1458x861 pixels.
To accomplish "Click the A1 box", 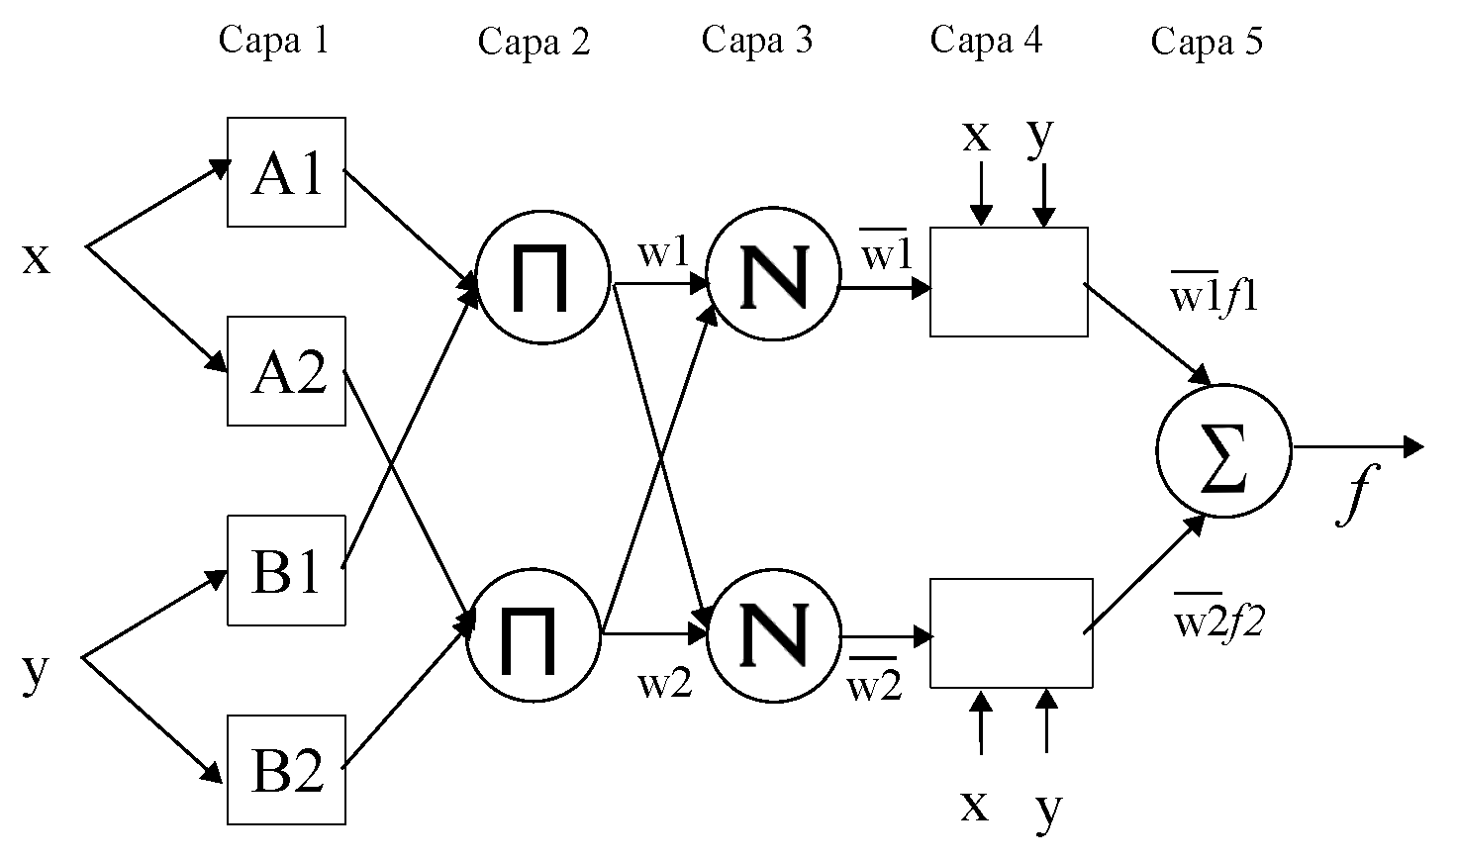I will point(286,172).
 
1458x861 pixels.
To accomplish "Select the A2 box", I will point(286,371).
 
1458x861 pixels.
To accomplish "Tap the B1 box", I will point(286,570).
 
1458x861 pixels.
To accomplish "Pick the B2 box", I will point(286,769).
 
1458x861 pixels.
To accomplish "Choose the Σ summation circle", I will point(1223,450).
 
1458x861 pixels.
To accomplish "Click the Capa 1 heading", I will point(272,41).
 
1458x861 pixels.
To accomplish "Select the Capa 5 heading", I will point(1207,43).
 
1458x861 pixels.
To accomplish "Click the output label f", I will point(1355,495).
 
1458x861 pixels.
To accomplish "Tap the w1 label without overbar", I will point(662,253).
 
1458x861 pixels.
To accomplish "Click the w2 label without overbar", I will point(664,683).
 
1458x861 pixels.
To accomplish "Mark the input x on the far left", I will point(36,257).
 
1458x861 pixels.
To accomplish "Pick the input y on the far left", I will point(35,673).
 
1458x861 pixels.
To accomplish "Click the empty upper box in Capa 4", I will point(1009,282).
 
